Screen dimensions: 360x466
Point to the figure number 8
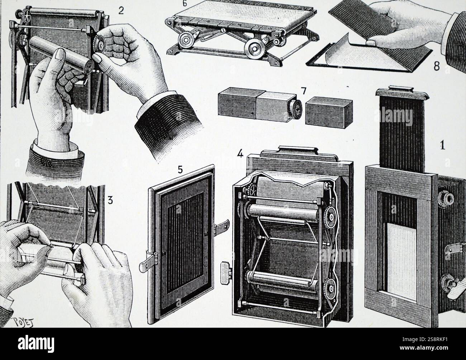point(436,67)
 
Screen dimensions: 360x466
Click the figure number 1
point(442,145)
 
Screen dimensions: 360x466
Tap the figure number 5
point(181,169)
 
